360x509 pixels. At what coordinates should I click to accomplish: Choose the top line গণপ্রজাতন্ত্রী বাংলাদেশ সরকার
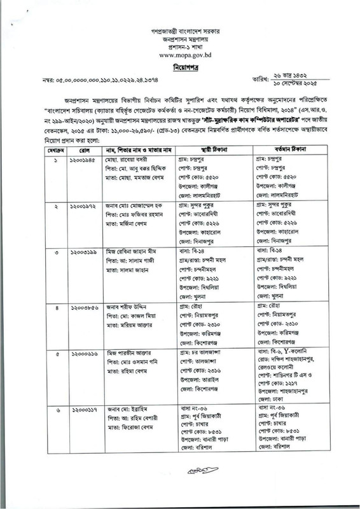pos(179,29)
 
